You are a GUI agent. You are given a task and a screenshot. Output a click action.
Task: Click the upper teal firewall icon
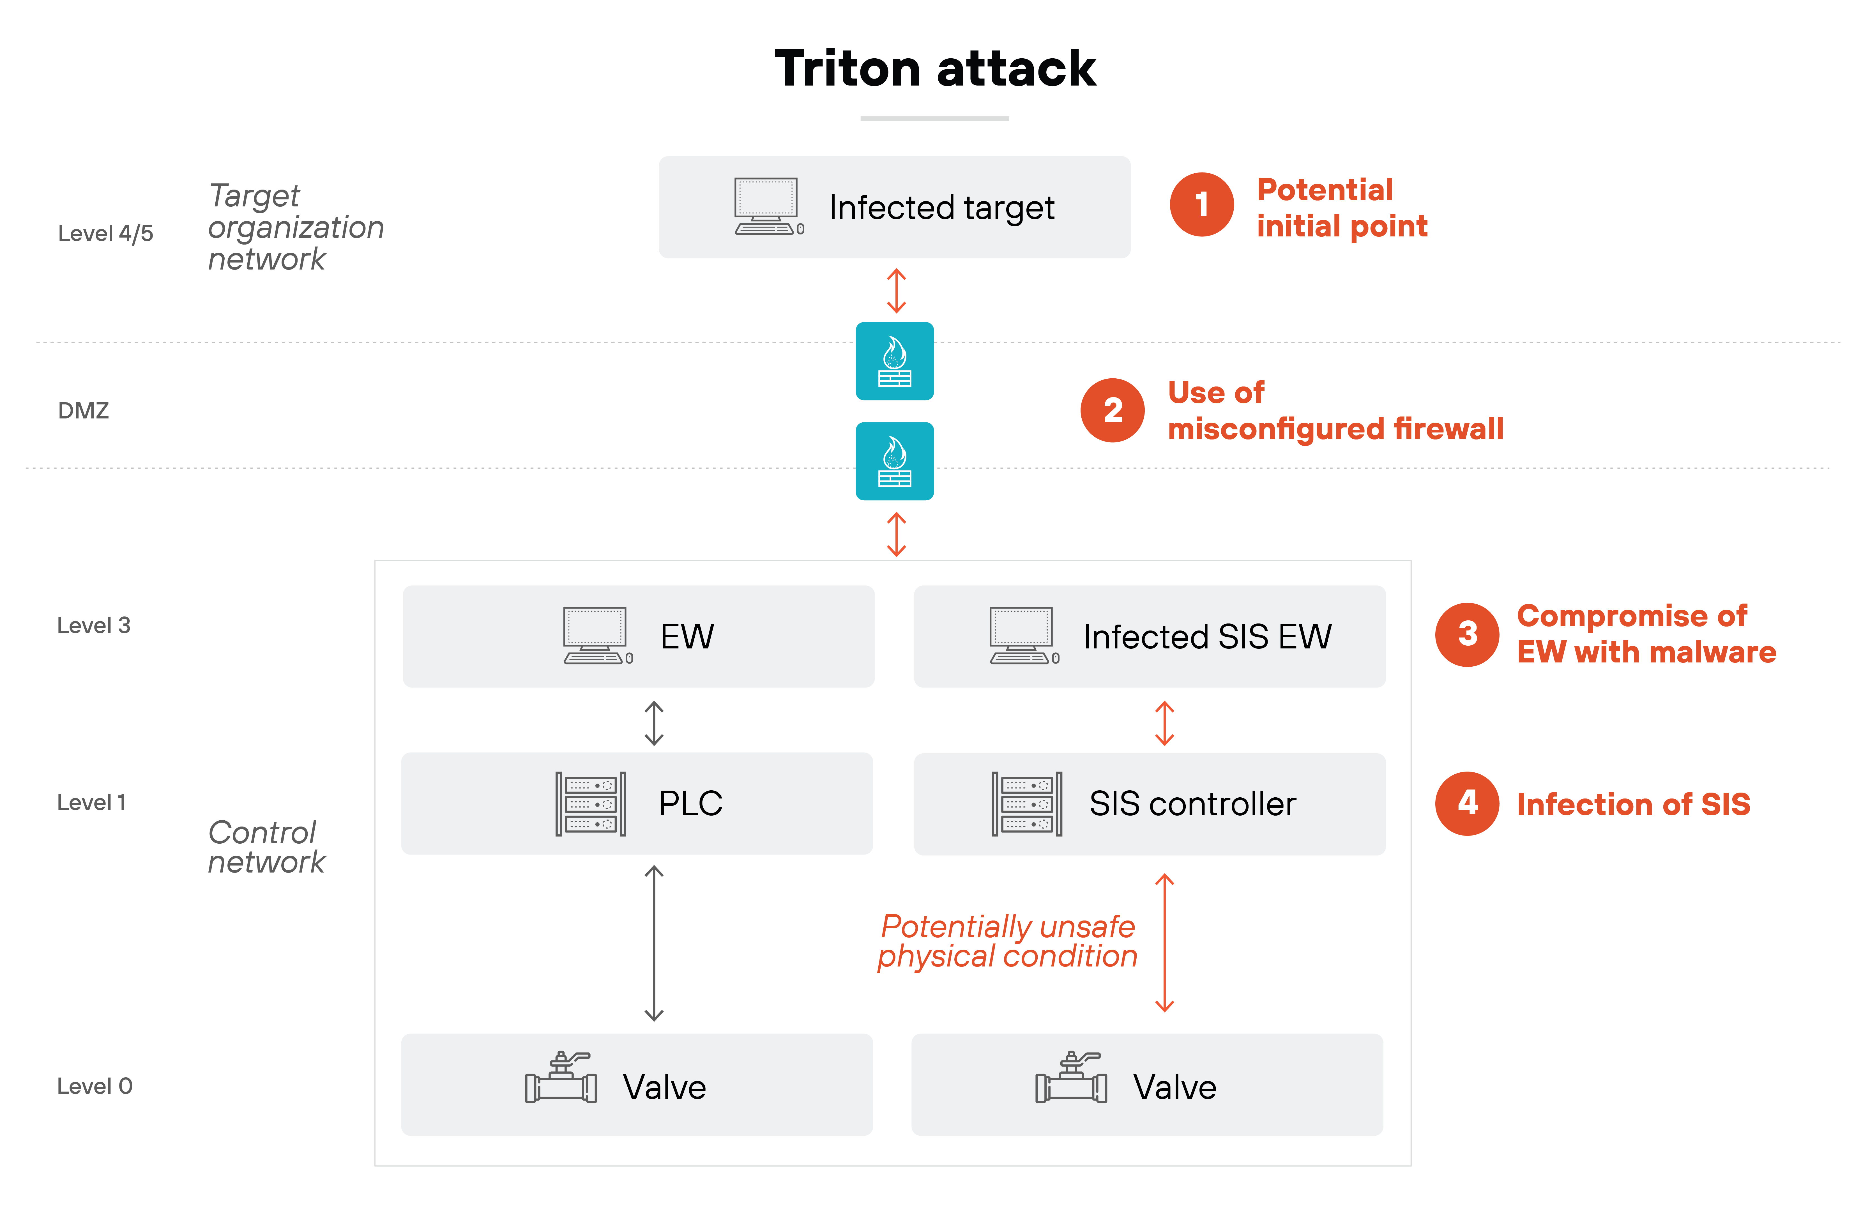pos(894,361)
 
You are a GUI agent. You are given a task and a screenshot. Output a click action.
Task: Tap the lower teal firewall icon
pos(894,461)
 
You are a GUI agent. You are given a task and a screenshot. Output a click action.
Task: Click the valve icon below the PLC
pos(561,1078)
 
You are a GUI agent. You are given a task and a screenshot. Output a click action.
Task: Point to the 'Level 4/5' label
pos(106,233)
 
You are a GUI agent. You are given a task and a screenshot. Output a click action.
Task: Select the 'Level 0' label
pos(95,1086)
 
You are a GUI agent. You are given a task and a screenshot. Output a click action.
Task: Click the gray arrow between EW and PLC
pos(654,723)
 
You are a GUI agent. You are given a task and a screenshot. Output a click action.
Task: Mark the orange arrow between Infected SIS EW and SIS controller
pos(1164,723)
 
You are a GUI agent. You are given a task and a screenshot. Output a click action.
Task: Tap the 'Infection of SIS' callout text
pos(1633,804)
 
